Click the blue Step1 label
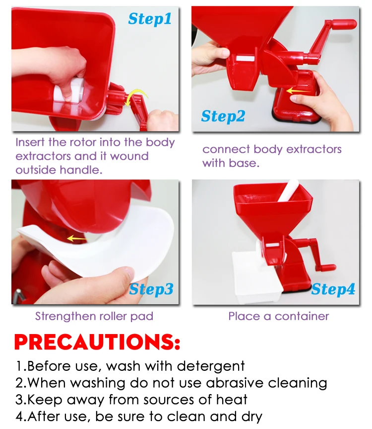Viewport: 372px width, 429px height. point(149,19)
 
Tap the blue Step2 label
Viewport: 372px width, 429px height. point(223,116)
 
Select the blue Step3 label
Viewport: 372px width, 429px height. point(151,289)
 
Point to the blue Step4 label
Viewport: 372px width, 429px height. point(333,289)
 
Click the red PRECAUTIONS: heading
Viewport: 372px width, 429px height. point(97,343)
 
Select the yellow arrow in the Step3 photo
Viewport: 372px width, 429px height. point(77,239)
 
